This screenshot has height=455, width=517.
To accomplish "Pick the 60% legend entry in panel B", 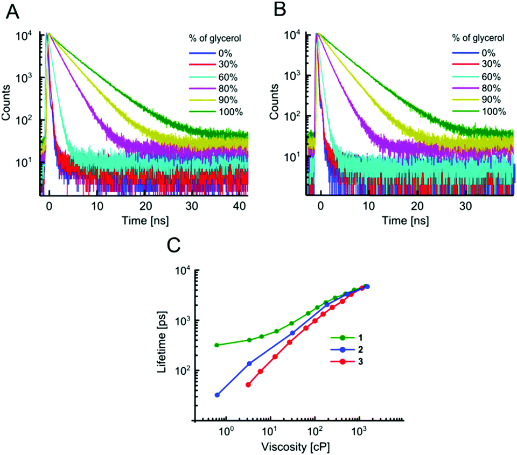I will pyautogui.click(x=483, y=76).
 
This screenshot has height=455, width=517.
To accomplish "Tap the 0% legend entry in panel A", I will pyautogui.click(x=210, y=52).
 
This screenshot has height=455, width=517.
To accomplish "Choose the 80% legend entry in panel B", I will pyautogui.click(x=483, y=88).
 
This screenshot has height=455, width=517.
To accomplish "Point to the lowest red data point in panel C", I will pyautogui.click(x=248, y=384).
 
